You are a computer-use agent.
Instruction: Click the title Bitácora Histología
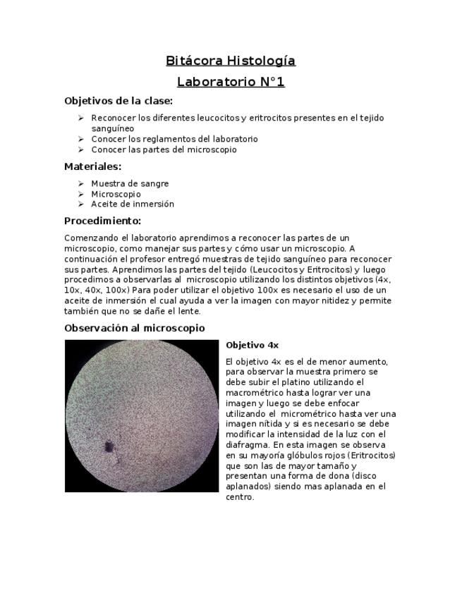click(231, 61)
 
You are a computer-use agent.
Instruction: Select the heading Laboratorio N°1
click(231, 82)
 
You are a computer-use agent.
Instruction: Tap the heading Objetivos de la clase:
click(118, 101)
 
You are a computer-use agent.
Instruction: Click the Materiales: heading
click(92, 167)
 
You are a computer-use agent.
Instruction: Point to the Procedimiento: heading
click(102, 221)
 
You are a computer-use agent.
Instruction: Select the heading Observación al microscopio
click(134, 328)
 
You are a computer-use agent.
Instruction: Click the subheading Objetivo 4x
click(252, 346)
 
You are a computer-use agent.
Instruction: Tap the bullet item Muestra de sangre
click(130, 183)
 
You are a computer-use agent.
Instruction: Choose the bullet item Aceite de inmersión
click(132, 204)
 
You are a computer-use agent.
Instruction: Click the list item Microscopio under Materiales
click(116, 194)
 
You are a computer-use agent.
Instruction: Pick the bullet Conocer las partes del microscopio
click(164, 149)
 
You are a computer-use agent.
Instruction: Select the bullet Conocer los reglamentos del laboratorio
click(174, 139)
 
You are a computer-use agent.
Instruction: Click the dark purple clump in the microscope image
click(109, 446)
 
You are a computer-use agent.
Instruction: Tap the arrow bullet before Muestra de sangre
click(82, 183)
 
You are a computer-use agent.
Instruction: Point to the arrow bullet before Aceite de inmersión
click(82, 204)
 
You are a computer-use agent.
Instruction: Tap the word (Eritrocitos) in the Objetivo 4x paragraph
click(372, 456)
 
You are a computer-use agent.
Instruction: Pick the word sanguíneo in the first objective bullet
click(113, 128)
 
